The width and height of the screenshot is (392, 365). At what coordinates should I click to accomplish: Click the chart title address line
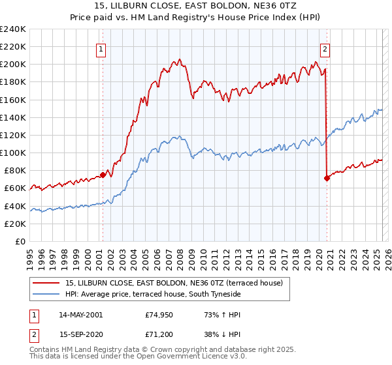[x=196, y=6]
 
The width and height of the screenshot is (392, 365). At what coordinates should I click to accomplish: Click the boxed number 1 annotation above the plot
[x=102, y=48]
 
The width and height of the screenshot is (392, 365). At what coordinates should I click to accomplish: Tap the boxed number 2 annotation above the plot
[x=325, y=48]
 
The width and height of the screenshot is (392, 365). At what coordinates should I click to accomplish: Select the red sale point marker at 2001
[x=103, y=175]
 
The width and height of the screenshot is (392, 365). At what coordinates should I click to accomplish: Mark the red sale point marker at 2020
[x=327, y=178]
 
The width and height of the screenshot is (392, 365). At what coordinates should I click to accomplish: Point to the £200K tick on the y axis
[x=13, y=65]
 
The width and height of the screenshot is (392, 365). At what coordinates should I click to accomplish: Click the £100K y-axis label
[x=13, y=153]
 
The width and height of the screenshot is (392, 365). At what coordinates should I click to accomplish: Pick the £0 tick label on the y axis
[x=20, y=241]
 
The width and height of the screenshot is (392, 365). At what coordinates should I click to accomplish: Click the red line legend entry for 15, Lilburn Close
[x=173, y=283]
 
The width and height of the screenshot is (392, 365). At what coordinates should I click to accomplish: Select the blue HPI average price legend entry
[x=153, y=295]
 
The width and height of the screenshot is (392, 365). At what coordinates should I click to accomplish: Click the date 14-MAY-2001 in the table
[x=80, y=315]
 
